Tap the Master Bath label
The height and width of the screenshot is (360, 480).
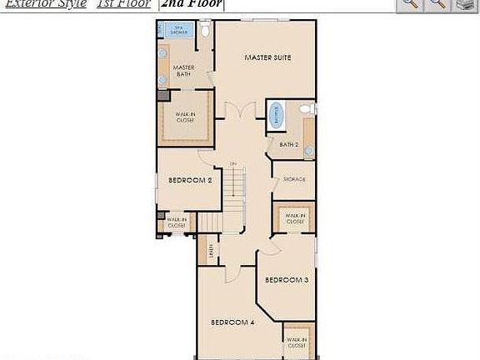(182, 71)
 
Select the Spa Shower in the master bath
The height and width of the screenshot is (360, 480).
(177, 31)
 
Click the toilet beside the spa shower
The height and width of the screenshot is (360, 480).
(205, 31)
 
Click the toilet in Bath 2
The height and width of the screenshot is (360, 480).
(305, 109)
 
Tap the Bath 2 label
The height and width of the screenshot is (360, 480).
(288, 144)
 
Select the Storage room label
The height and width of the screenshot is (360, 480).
(294, 179)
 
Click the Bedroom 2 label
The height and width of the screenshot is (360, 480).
(189, 180)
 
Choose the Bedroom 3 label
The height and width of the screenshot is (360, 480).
(287, 280)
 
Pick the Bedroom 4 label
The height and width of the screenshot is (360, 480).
(232, 322)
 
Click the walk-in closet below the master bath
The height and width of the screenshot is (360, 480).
(185, 117)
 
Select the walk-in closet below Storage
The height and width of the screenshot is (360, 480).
(295, 218)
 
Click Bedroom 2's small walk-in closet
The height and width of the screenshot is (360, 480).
(176, 222)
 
